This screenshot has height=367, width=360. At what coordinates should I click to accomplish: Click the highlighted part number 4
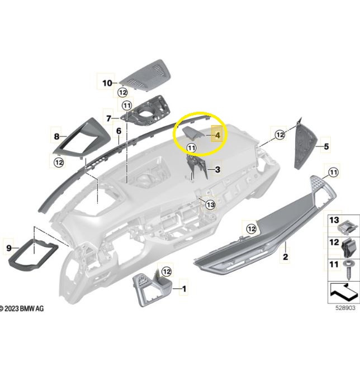click(217, 135)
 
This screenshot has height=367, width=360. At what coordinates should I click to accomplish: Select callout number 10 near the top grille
click(107, 83)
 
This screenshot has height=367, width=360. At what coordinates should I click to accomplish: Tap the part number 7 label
click(108, 118)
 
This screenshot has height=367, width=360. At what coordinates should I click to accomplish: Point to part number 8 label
click(56, 136)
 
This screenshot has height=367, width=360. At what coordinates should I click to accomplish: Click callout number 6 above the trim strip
click(119, 131)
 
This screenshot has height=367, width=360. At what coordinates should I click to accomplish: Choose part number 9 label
click(9, 248)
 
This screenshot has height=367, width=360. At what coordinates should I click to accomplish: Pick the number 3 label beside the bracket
click(217, 169)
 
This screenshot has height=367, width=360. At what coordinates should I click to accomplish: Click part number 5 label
click(326, 146)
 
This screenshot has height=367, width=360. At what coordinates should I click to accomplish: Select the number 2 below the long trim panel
click(285, 257)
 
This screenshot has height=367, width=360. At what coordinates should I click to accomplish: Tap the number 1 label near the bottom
click(184, 289)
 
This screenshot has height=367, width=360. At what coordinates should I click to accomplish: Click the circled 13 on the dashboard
click(211, 205)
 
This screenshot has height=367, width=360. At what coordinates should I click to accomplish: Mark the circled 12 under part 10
click(123, 93)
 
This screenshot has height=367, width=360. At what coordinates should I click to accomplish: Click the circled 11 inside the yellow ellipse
click(192, 148)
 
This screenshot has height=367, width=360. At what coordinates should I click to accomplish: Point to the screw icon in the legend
click(348, 269)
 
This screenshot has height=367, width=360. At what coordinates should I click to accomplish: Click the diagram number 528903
click(345, 308)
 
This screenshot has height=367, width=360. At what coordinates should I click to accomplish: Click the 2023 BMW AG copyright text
click(22, 308)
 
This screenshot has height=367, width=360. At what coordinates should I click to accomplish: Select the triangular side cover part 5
click(305, 144)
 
